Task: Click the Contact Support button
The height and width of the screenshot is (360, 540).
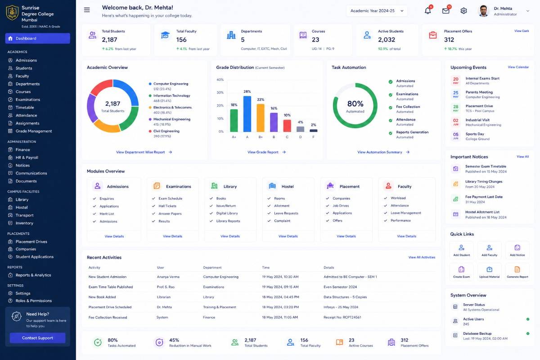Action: (37, 338)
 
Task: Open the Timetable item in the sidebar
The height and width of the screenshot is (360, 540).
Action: (25, 107)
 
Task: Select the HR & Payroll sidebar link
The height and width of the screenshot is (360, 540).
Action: (27, 157)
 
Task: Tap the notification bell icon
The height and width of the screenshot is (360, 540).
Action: (427, 11)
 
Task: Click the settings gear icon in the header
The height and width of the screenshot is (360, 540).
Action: (463, 11)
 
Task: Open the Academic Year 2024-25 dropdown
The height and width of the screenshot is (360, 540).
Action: (377, 11)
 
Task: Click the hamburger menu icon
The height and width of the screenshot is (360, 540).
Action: (87, 10)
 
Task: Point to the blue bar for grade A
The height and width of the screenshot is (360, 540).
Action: (247, 114)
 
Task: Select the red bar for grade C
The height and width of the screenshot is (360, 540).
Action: (287, 126)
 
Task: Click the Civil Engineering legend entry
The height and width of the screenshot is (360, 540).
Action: (166, 131)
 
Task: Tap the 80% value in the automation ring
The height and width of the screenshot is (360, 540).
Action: (355, 103)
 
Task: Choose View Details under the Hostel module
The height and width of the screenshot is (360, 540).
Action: (288, 236)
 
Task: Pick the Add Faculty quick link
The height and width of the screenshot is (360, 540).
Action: (490, 251)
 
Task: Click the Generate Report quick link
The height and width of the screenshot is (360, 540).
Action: (517, 272)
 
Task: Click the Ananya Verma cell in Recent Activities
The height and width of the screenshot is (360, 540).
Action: (168, 277)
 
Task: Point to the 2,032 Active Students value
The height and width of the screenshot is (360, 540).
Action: (387, 40)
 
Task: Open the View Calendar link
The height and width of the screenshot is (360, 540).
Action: (518, 67)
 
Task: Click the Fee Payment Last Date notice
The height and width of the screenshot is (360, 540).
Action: (484, 197)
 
